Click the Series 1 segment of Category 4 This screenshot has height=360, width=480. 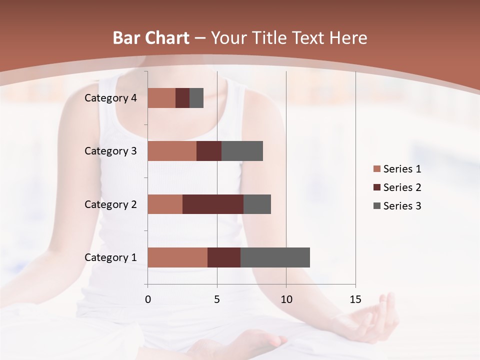(x=161, y=98)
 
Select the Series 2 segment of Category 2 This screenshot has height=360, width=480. (x=213, y=204)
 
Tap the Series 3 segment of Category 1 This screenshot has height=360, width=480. (x=275, y=257)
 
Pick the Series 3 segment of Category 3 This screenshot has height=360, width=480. (x=242, y=151)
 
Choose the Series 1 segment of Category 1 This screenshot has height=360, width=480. (x=177, y=257)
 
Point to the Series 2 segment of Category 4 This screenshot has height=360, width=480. (x=182, y=98)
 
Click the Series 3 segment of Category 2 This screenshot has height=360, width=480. (x=257, y=204)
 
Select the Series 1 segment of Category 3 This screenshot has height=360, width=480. (x=172, y=151)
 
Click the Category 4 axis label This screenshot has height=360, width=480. (x=110, y=98)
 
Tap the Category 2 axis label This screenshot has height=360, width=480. (x=110, y=204)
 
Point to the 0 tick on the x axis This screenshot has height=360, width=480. (x=148, y=299)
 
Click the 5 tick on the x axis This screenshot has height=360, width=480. (x=217, y=299)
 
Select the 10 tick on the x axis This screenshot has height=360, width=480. (x=286, y=299)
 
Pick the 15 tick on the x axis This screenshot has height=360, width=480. (x=355, y=299)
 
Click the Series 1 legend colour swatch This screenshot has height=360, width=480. (x=376, y=169)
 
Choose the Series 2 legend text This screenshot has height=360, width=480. (x=402, y=187)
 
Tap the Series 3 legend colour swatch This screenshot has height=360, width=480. (x=376, y=206)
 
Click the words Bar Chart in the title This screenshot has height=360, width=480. (x=151, y=38)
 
